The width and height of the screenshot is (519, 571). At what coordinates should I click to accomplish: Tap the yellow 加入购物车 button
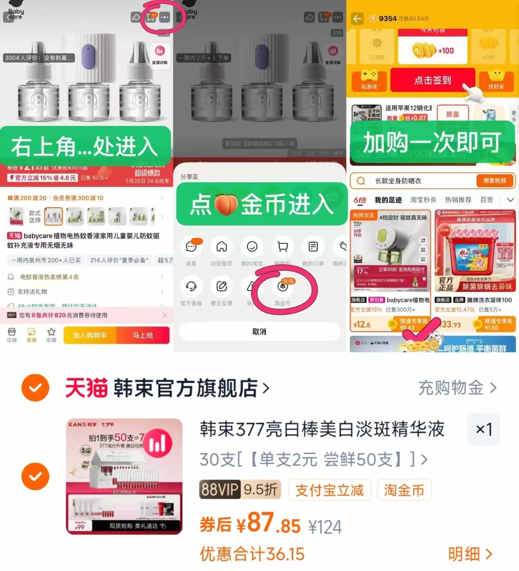click(x=90, y=335)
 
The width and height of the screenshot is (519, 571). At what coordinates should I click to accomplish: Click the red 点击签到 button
click(x=433, y=80)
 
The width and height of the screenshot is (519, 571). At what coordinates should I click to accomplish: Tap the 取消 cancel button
click(x=259, y=332)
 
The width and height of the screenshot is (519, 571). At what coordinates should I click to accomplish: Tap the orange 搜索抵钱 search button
click(x=494, y=181)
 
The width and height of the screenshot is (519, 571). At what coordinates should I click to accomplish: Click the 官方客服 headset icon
click(x=191, y=287)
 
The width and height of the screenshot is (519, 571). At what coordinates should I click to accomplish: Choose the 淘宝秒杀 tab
click(x=423, y=200)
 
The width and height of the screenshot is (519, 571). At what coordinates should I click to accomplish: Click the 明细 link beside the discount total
click(x=470, y=554)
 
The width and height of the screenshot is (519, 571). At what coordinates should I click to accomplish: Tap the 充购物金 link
click(x=457, y=388)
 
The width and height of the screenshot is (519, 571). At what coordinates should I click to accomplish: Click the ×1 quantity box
click(x=484, y=429)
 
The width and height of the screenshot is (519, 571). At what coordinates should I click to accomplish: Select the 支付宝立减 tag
click(x=329, y=490)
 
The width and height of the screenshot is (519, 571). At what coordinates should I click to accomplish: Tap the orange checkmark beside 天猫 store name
click(x=35, y=388)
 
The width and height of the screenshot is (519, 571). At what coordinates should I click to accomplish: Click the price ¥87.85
click(x=268, y=524)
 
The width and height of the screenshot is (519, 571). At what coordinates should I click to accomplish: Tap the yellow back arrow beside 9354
click(x=357, y=19)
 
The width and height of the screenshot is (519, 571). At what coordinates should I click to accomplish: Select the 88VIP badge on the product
click(x=219, y=490)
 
